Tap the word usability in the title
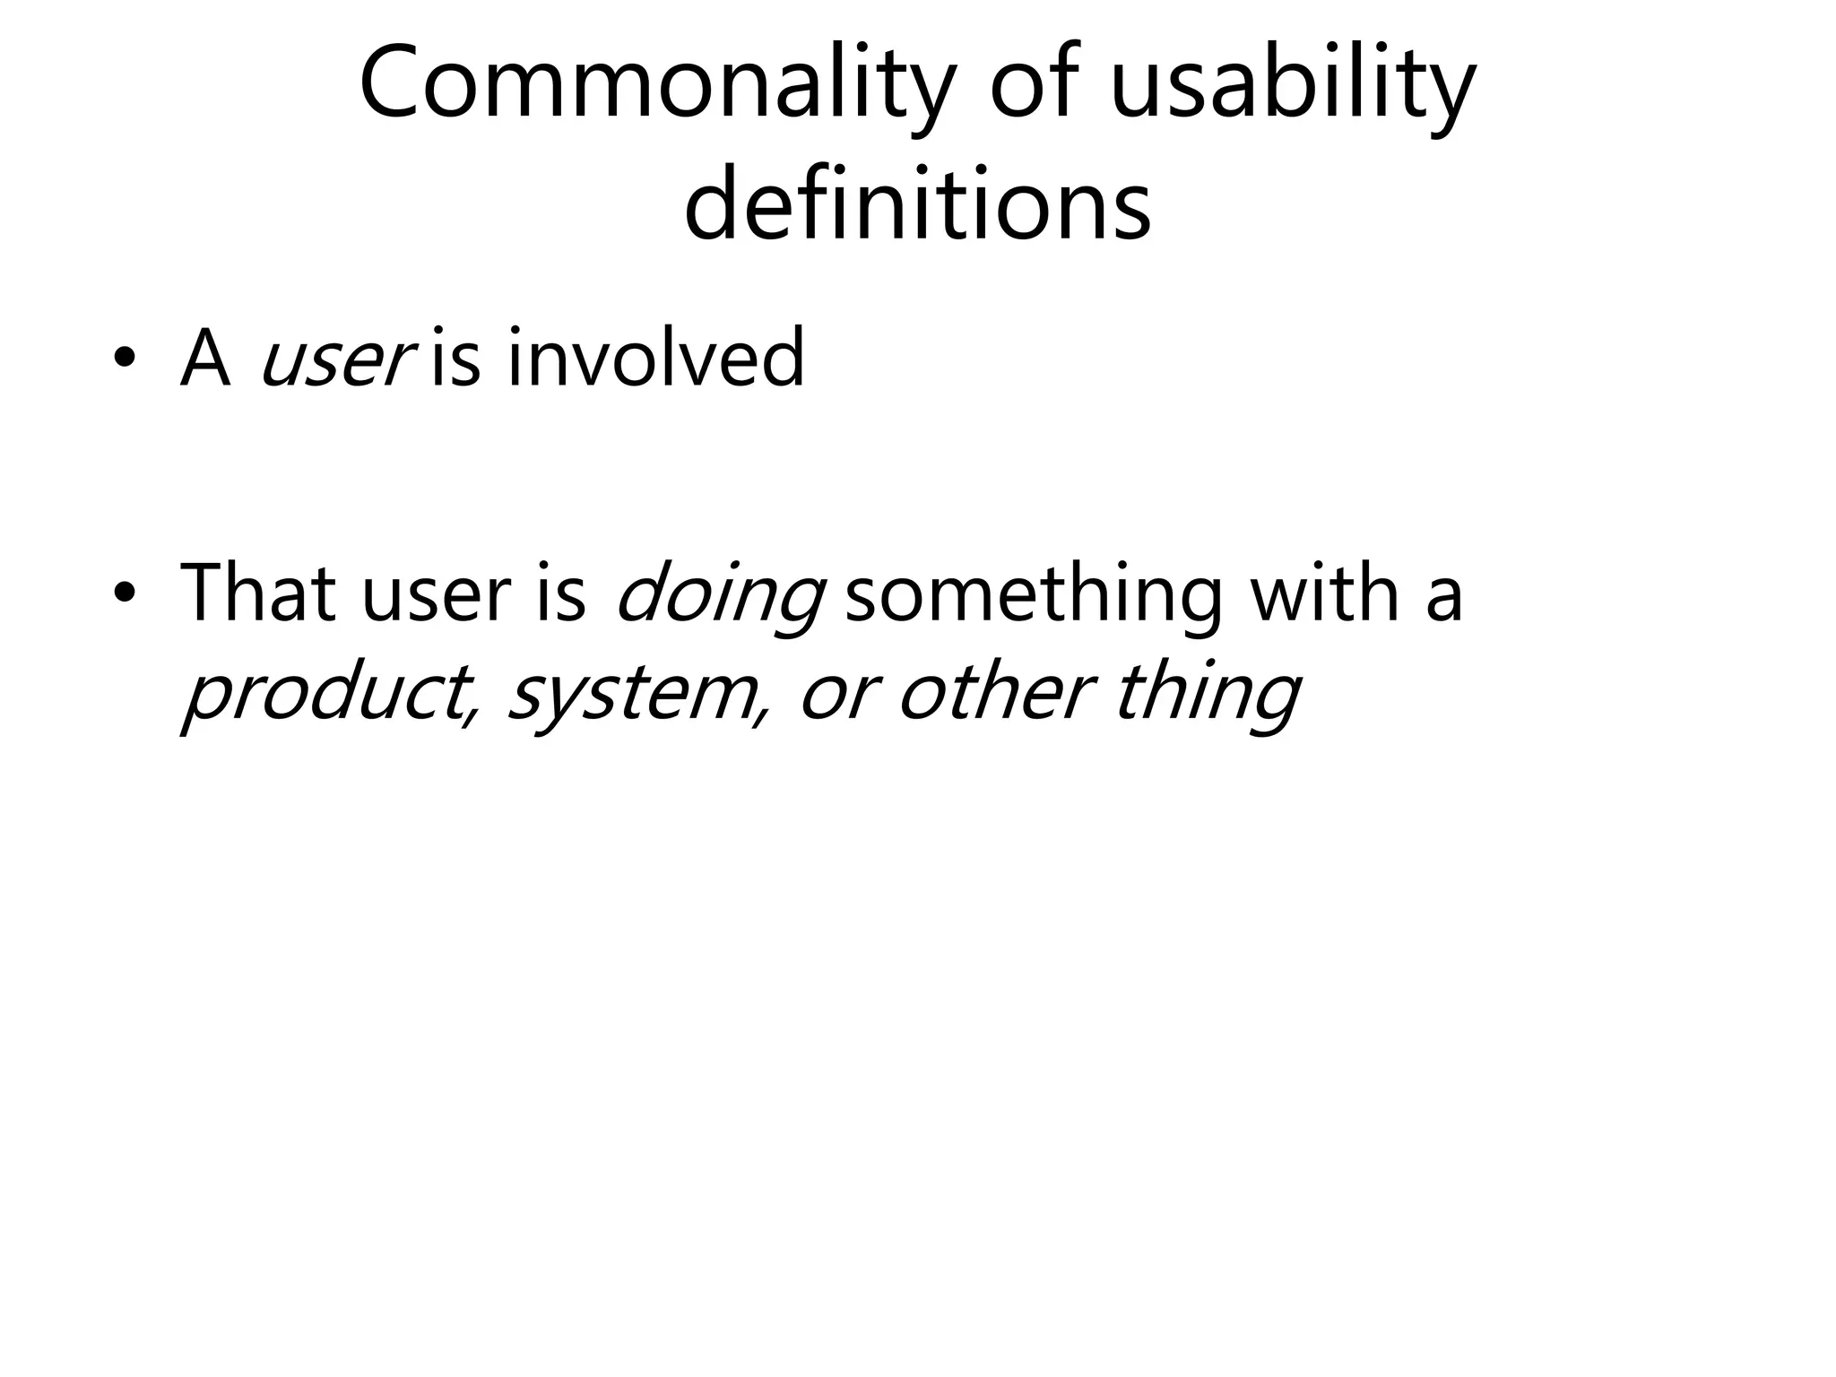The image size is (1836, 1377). click(x=1292, y=85)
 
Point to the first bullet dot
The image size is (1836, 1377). click(x=125, y=360)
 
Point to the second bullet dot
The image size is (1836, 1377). click(x=125, y=593)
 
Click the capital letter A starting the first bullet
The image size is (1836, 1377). click(x=204, y=359)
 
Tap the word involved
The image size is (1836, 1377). click(x=655, y=359)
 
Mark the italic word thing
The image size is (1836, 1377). click(x=1207, y=696)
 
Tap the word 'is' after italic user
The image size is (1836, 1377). click(x=455, y=359)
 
